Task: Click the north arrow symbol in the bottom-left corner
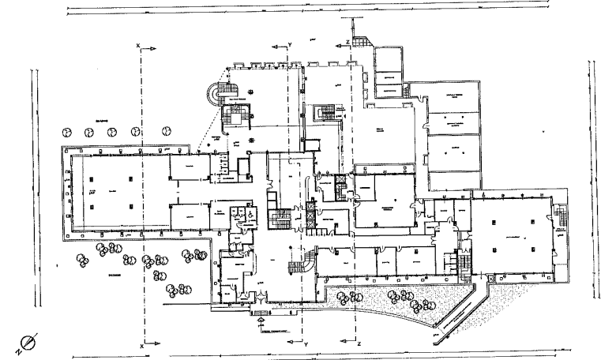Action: click(27, 343)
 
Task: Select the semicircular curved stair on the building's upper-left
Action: click(212, 96)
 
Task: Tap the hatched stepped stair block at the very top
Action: click(361, 40)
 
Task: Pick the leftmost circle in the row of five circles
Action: click(68, 131)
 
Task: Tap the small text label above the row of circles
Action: click(101, 118)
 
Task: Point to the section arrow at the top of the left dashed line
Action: click(143, 49)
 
